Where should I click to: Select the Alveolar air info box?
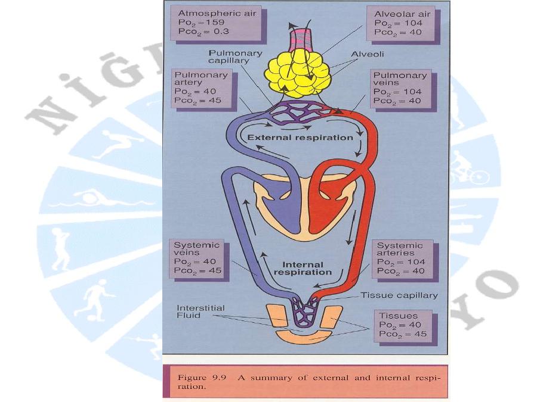tap(399, 23)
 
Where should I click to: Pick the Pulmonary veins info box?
tap(399, 88)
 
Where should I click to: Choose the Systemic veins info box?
tap(197, 258)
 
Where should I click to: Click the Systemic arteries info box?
tap(399, 258)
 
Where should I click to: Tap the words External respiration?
tap(300, 138)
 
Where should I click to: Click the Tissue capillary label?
tap(399, 295)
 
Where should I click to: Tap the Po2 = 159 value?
tap(199, 23)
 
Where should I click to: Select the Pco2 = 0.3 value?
tap(199, 32)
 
